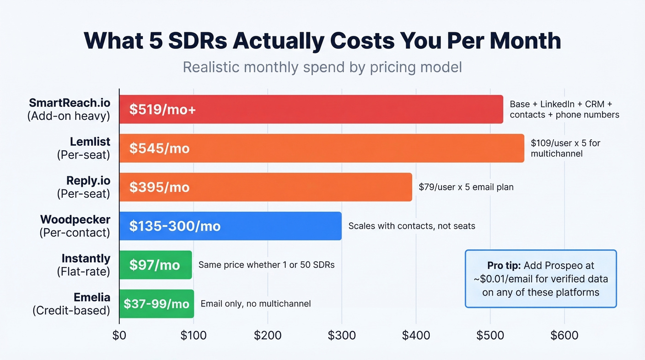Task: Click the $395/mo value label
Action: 159,187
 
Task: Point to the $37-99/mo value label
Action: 156,304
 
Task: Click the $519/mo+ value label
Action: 163,110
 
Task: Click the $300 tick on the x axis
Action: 342,335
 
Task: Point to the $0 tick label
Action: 119,335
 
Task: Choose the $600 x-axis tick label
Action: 564,335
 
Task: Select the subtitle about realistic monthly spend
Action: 322,67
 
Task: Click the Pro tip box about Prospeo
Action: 540,278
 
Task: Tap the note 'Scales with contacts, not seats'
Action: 411,226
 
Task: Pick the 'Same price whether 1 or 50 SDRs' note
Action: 266,265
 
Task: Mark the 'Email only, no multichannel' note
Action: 256,304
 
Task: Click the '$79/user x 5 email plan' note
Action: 466,187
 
